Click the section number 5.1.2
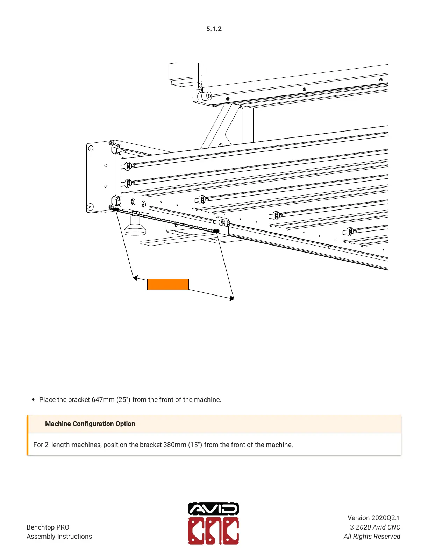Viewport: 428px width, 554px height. pyautogui.click(x=214, y=29)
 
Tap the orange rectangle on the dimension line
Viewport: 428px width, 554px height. pyautogui.click(x=168, y=284)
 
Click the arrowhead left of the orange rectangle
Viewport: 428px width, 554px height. pyautogui.click(x=135, y=278)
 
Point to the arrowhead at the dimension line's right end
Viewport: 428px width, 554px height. pyautogui.click(x=231, y=298)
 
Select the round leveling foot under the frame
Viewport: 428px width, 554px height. pyautogui.click(x=135, y=229)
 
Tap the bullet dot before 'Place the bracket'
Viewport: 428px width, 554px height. pyautogui.click(x=33, y=399)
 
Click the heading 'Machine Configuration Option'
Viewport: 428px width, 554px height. pyautogui.click(x=90, y=424)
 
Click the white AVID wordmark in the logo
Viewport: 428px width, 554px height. pyautogui.click(x=213, y=509)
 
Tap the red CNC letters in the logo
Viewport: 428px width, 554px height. pyautogui.click(x=213, y=531)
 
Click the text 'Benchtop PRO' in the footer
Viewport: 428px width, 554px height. pyautogui.click(x=48, y=527)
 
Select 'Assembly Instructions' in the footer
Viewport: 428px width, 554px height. pyautogui.click(x=59, y=536)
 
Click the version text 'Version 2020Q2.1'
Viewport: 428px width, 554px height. pyautogui.click(x=373, y=518)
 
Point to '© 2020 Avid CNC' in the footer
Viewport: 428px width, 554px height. pyautogui.click(x=374, y=527)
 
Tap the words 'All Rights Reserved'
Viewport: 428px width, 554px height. pyautogui.click(x=372, y=536)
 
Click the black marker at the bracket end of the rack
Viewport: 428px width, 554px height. pyautogui.click(x=216, y=231)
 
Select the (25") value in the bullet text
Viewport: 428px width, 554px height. pyautogui.click(x=123, y=399)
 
